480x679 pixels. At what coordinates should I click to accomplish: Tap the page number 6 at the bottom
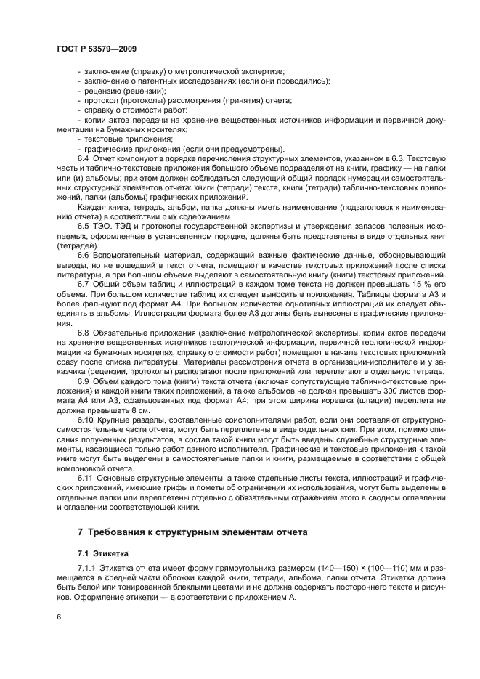coord(59,617)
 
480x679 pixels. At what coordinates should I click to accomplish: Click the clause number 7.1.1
coord(89,566)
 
